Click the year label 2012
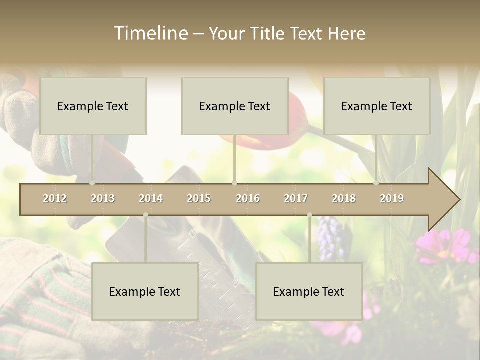[x=55, y=198]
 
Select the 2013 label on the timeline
[x=103, y=198]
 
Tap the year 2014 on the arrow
[x=151, y=198]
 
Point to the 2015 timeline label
[x=199, y=198]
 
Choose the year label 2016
[x=248, y=198]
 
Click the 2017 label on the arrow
[x=296, y=198]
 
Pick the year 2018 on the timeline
[x=344, y=198]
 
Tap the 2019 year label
[x=392, y=198]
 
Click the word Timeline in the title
[x=150, y=33]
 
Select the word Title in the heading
[x=270, y=34]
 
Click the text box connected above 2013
[x=93, y=106]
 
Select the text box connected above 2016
[x=235, y=106]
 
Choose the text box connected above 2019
[x=377, y=106]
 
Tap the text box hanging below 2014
[x=145, y=291]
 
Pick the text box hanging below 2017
[x=309, y=291]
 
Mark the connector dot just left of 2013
[x=92, y=183]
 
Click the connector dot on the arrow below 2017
[x=309, y=215]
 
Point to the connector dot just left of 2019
[x=376, y=183]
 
